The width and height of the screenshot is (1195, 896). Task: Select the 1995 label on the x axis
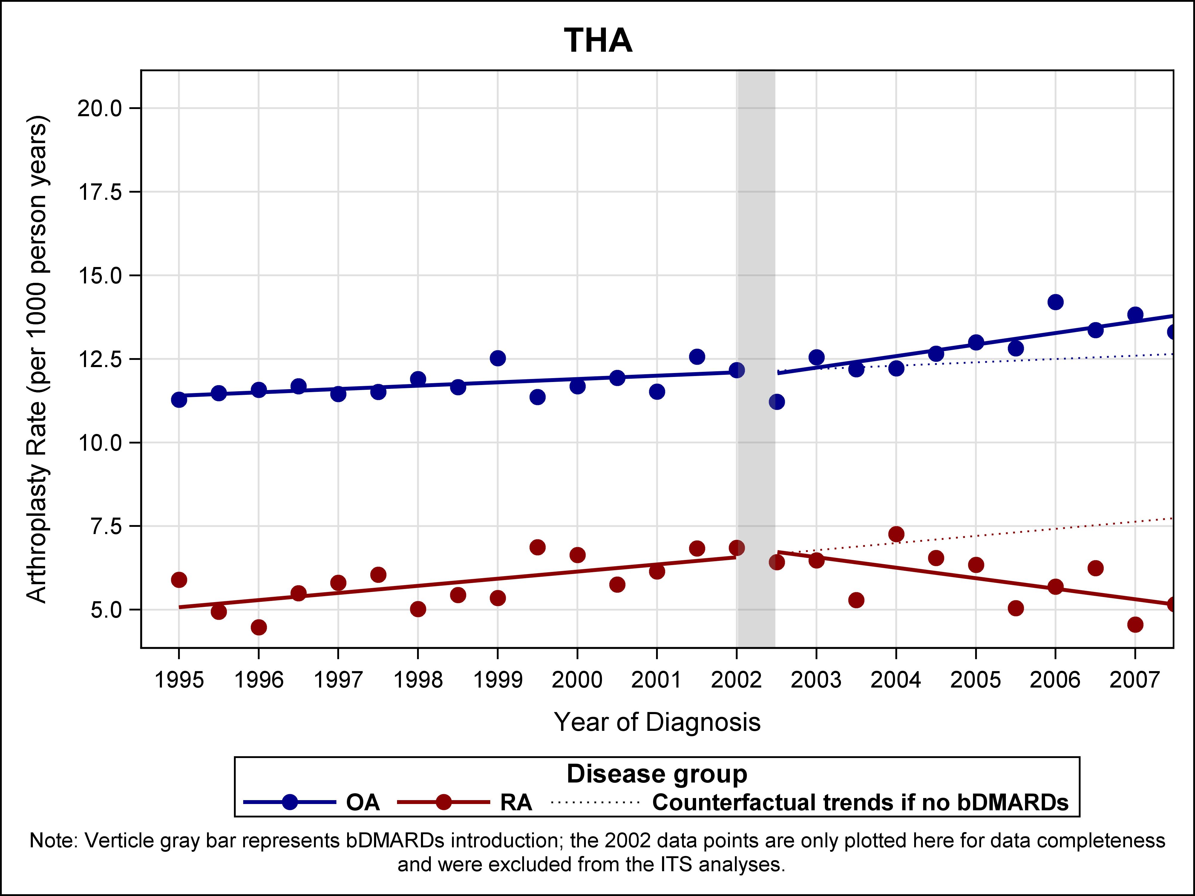click(179, 679)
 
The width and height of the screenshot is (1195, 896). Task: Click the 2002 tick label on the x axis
click(736, 679)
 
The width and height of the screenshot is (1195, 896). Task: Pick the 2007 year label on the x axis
click(1134, 679)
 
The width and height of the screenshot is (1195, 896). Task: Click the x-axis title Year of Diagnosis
click(657, 722)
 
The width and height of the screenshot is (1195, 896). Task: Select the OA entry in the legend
click(362, 803)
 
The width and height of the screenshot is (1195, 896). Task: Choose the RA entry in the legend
click(516, 803)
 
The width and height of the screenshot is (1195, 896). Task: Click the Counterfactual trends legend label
click(860, 803)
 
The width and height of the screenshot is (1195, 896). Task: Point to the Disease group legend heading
click(657, 774)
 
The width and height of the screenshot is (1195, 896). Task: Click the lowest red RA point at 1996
click(259, 627)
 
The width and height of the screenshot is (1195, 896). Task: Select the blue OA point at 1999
click(497, 358)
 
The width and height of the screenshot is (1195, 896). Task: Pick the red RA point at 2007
click(1135, 624)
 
